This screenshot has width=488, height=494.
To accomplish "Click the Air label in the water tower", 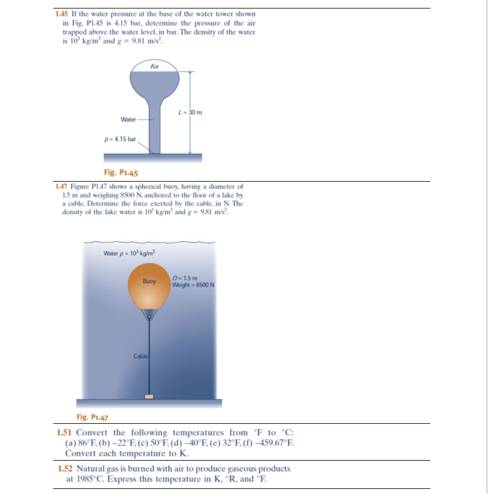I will (155, 66).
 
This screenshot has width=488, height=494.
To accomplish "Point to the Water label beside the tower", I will (128, 119).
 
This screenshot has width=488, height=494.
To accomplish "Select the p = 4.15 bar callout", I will (120, 139).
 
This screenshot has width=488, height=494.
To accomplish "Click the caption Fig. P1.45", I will (122, 173).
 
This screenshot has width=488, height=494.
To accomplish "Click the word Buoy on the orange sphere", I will (149, 281).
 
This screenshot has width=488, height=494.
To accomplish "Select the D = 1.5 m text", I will (185, 278).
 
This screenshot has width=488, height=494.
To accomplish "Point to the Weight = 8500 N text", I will (193, 284).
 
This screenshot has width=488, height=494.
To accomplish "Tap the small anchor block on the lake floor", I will (149, 396).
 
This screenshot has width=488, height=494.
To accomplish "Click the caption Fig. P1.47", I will (92, 418).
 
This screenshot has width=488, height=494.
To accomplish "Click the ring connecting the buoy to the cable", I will (149, 319).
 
